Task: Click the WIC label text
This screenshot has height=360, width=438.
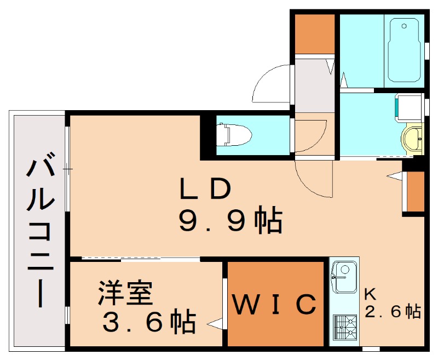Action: pos(274,304)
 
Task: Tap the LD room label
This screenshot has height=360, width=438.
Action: pos(205,188)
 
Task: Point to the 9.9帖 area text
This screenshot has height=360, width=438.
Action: pos(230,220)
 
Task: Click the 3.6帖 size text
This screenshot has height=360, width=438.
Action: pos(149,321)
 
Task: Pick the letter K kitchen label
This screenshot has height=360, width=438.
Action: pos(370,294)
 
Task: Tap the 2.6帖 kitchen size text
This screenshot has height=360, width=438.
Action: pos(393,311)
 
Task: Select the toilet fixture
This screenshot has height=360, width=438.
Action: pos(234,135)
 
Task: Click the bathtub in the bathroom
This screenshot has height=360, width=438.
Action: pos(404,50)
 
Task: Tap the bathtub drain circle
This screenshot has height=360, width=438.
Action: pos(404,26)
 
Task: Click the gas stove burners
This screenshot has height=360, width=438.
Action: pos(345,329)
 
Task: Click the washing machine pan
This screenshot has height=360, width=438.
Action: pos(408,108)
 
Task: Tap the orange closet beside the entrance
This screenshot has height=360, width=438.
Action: pos(315,34)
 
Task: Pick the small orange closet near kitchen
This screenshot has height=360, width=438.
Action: pos(416,191)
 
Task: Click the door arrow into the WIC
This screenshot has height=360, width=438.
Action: pos(215,324)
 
